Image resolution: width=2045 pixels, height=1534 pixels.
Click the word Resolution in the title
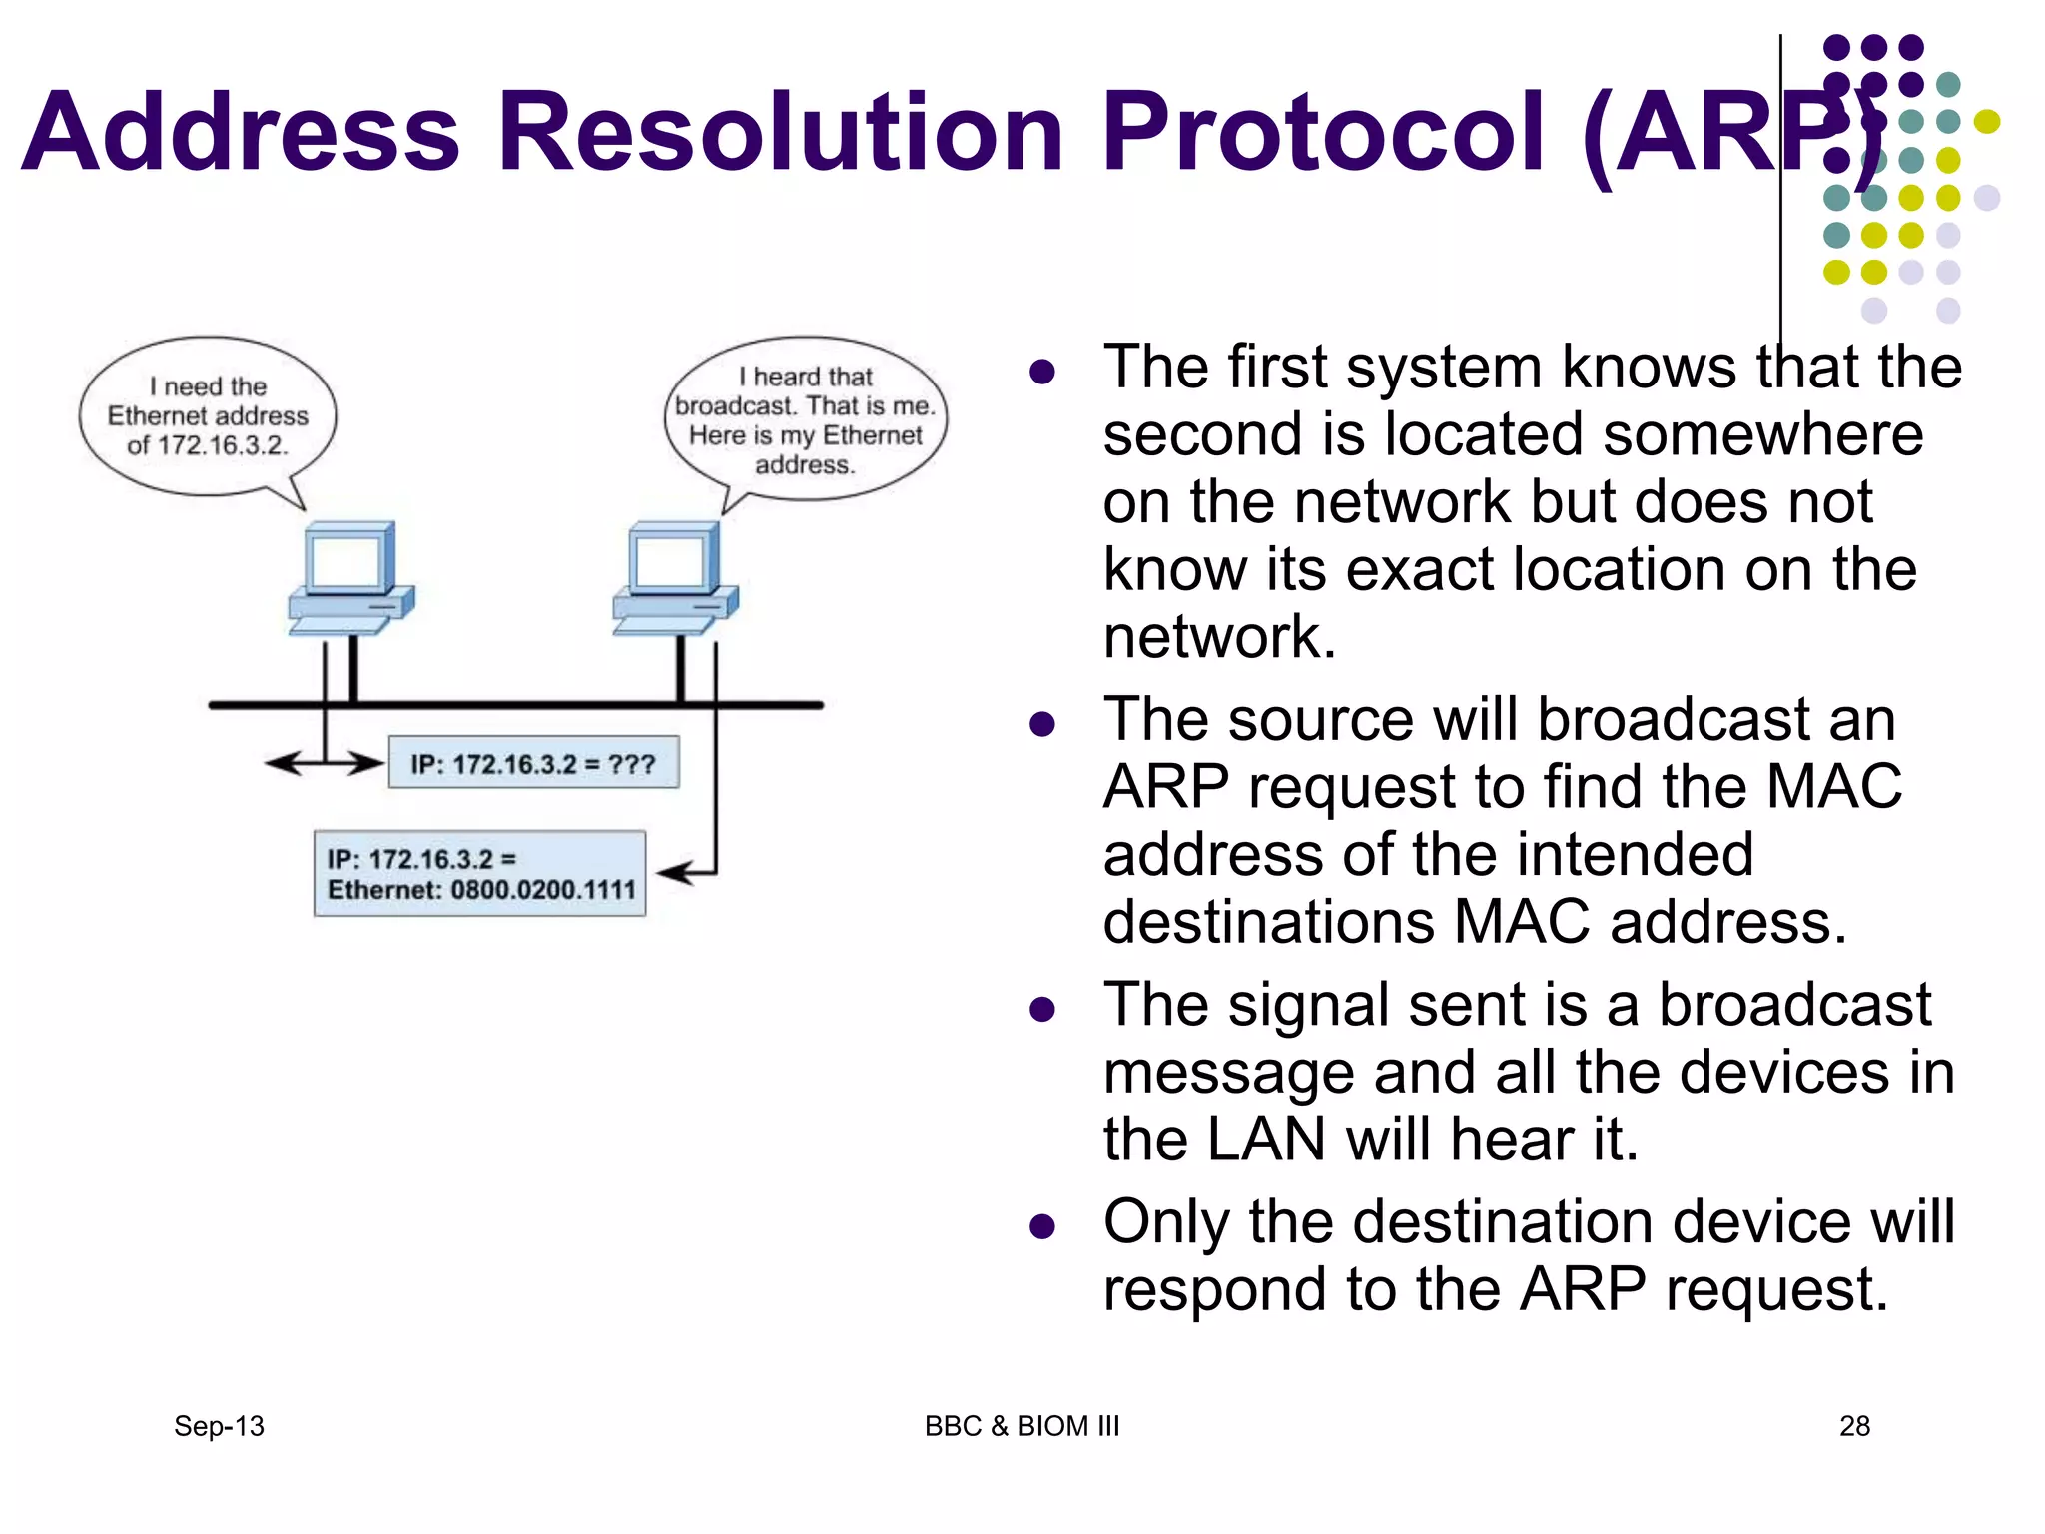point(780,133)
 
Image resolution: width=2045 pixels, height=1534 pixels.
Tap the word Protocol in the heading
point(1323,133)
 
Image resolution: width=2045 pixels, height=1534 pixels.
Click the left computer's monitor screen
point(345,563)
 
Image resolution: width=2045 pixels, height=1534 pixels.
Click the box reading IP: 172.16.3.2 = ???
point(533,764)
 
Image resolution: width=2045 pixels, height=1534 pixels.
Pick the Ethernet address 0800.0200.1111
point(543,889)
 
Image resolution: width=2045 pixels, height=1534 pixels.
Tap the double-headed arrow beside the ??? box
point(324,764)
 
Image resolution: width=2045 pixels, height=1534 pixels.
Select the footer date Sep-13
point(219,1426)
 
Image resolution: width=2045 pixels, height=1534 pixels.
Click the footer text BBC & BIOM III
point(1022,1426)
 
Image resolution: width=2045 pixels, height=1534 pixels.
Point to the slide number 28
point(1854,1426)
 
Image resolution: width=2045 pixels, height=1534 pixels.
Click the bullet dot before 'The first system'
point(1042,373)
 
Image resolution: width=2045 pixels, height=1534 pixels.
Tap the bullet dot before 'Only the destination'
point(1042,1226)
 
